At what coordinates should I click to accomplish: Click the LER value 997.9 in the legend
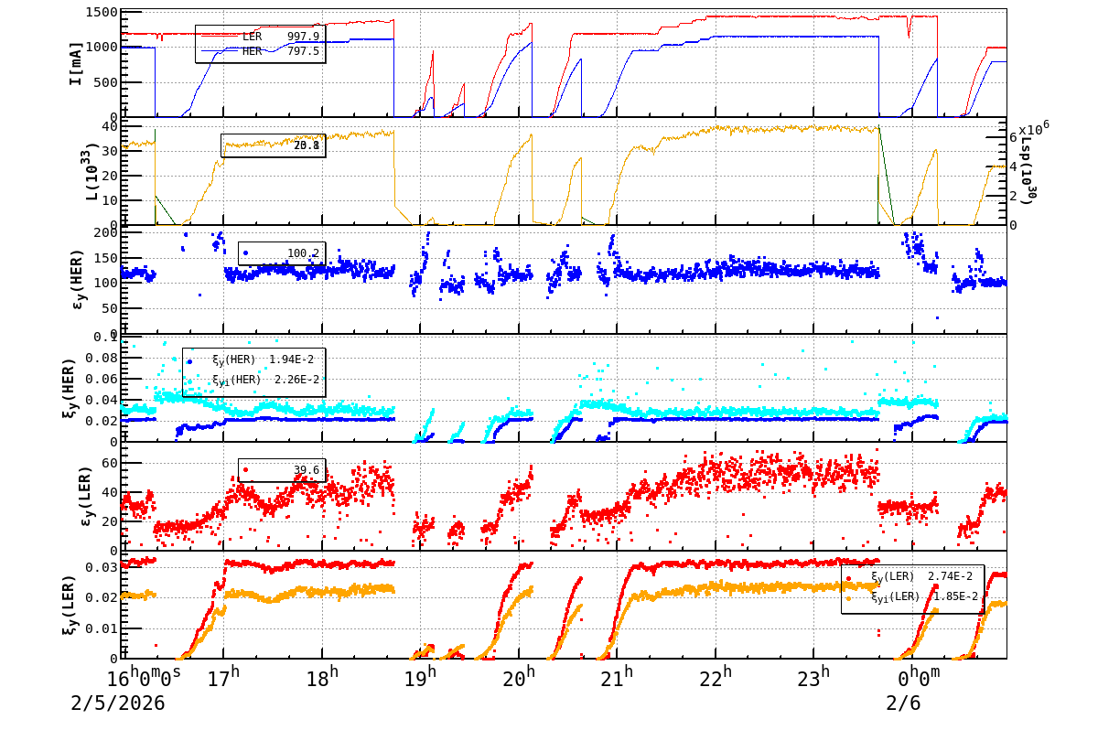pyautogui.click(x=303, y=37)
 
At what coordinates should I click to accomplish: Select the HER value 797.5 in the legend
pyautogui.click(x=303, y=51)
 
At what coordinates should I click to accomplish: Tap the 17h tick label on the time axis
pyautogui.click(x=224, y=678)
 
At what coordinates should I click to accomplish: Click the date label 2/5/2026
pyautogui.click(x=118, y=703)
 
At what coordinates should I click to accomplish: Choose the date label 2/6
pyautogui.click(x=903, y=703)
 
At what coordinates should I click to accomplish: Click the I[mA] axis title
pyautogui.click(x=77, y=63)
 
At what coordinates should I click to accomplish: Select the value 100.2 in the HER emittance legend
pyautogui.click(x=303, y=253)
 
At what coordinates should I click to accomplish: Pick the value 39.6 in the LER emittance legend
pyautogui.click(x=306, y=471)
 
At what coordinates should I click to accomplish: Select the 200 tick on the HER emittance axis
pyautogui.click(x=102, y=233)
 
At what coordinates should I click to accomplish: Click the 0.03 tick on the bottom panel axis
pyautogui.click(x=99, y=568)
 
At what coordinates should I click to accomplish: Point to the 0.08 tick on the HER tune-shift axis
pyautogui.click(x=99, y=358)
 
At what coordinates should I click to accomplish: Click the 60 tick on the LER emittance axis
pyautogui.click(x=106, y=464)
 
